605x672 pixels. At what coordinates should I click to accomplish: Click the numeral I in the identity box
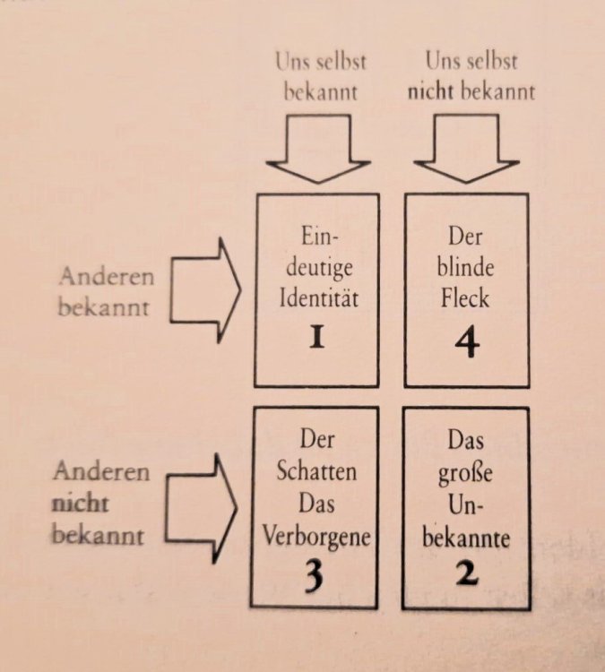317,337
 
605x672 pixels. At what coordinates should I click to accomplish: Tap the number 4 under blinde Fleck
466,344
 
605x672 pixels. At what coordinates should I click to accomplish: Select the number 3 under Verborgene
315,576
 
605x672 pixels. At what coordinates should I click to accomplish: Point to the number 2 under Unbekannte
466,573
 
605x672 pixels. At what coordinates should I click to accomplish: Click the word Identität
318,297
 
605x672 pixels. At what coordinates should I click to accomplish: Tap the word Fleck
465,297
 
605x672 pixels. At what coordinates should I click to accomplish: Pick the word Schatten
316,470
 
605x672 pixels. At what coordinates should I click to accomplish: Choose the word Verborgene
316,537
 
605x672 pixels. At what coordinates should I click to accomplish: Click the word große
465,474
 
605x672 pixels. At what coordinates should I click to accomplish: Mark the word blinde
466,267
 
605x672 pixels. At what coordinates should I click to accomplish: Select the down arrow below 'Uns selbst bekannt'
318,149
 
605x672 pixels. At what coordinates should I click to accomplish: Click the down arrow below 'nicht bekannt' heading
466,149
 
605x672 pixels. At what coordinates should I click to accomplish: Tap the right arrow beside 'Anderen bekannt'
205,290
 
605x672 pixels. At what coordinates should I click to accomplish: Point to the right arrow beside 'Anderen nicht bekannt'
201,508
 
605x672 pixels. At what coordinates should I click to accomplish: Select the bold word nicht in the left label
80,504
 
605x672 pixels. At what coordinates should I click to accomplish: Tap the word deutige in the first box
319,268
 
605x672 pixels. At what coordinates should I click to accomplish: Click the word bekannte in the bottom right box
466,538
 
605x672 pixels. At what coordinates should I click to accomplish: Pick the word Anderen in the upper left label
107,277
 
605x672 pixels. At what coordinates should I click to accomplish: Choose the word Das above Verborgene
316,504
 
